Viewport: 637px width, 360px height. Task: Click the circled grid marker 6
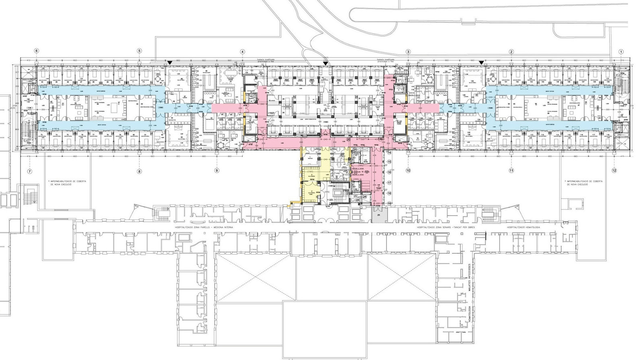[x=37, y=51]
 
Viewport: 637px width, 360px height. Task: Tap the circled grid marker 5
[x=139, y=51]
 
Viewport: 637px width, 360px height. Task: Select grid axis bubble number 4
[x=242, y=52]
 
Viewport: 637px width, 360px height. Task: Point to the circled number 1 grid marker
[x=620, y=52]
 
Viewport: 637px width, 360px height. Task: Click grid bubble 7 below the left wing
[x=29, y=171]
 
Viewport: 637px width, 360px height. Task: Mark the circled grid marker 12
[x=614, y=171]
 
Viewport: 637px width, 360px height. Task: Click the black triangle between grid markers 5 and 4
[x=170, y=62]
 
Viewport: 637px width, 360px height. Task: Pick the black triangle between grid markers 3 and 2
[x=481, y=62]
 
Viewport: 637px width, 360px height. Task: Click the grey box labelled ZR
[x=378, y=215]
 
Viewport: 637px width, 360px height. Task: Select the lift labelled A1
[x=356, y=155]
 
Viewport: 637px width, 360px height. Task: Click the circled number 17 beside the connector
[x=389, y=182]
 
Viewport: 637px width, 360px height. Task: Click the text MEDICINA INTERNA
[x=226, y=228]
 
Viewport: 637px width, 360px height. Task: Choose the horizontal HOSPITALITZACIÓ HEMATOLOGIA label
[x=523, y=228]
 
